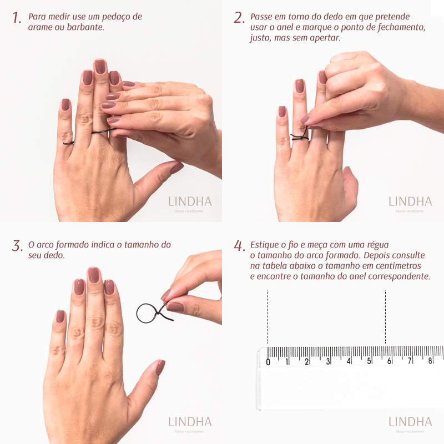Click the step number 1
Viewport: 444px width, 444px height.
click(x=17, y=18)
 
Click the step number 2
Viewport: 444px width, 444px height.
click(x=239, y=18)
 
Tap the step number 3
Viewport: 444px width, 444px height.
click(x=17, y=246)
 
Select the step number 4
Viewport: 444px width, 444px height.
click(x=239, y=246)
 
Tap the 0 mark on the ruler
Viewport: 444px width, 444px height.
click(x=268, y=362)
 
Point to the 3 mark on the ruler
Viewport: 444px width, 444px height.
click(x=329, y=361)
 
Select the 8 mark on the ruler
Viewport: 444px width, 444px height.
click(x=430, y=361)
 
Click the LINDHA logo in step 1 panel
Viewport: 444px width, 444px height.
click(x=190, y=201)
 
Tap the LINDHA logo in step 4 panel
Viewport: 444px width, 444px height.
click(x=410, y=422)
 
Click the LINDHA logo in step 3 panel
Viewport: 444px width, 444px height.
click(x=190, y=422)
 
